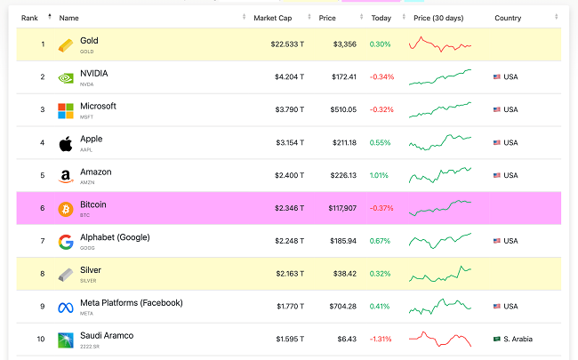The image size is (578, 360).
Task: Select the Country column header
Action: [508, 17]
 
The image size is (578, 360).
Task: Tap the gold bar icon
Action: [66, 44]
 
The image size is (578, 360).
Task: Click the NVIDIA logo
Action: [66, 77]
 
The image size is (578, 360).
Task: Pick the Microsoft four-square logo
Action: [66, 110]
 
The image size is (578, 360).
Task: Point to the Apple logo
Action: [66, 143]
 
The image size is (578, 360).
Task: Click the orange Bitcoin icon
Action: [66, 209]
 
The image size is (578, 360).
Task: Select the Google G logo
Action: [66, 241]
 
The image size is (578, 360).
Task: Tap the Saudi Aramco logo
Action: [66, 340]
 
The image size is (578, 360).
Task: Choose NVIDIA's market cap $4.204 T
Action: [289, 77]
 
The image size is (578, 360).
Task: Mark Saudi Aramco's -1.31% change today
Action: [381, 340]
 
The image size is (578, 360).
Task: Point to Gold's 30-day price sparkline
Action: [440, 44]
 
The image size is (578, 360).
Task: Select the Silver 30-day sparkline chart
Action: [440, 272]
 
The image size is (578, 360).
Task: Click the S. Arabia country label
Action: [518, 340]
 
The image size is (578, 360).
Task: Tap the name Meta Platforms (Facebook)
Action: [132, 302]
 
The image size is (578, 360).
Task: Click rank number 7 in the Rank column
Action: [42, 242]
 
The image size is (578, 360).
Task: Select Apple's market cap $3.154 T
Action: [289, 143]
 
